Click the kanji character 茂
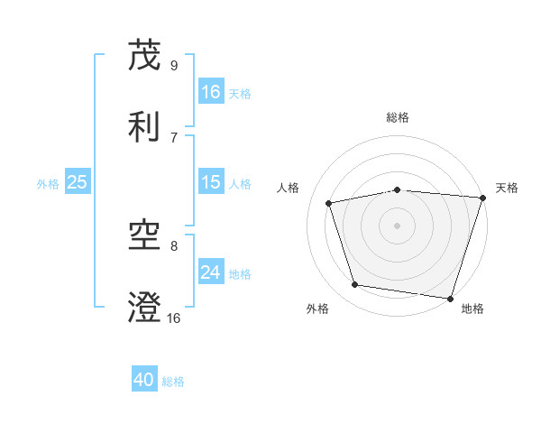click(x=145, y=55)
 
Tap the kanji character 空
click(x=145, y=236)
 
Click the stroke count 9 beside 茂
click(x=174, y=65)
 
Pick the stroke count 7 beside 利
click(x=174, y=137)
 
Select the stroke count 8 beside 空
click(x=174, y=245)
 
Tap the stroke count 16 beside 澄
click(x=174, y=318)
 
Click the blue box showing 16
click(x=211, y=92)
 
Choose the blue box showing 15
click(x=211, y=182)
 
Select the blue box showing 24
click(x=211, y=272)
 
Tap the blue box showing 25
click(x=78, y=182)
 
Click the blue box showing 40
click(x=144, y=380)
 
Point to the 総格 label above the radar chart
click(x=398, y=118)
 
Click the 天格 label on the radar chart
click(x=507, y=188)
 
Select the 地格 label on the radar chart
click(x=472, y=309)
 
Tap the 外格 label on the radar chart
click(x=317, y=309)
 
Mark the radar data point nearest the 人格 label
click(x=329, y=203)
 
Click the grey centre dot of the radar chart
click(x=398, y=225)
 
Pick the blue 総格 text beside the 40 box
click(x=174, y=382)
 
